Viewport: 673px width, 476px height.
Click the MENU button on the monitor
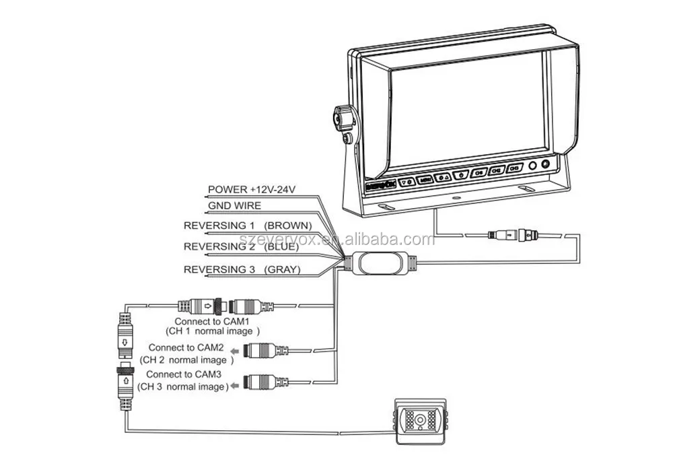(424, 180)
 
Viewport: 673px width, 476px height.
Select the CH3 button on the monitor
(515, 168)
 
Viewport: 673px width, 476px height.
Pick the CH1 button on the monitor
(479, 172)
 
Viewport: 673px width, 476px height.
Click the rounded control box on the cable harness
(380, 263)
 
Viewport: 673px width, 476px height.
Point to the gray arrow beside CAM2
(234, 351)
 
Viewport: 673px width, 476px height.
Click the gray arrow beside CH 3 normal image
(234, 386)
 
